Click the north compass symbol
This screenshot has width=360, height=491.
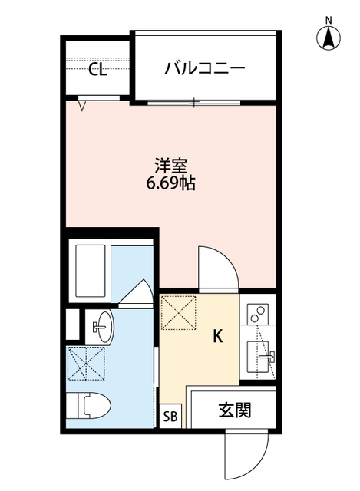click(328, 35)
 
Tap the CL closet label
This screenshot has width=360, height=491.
click(97, 70)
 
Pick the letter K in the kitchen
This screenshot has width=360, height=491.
click(217, 335)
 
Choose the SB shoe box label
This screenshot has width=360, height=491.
click(170, 417)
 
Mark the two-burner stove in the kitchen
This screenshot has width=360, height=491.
click(258, 314)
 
